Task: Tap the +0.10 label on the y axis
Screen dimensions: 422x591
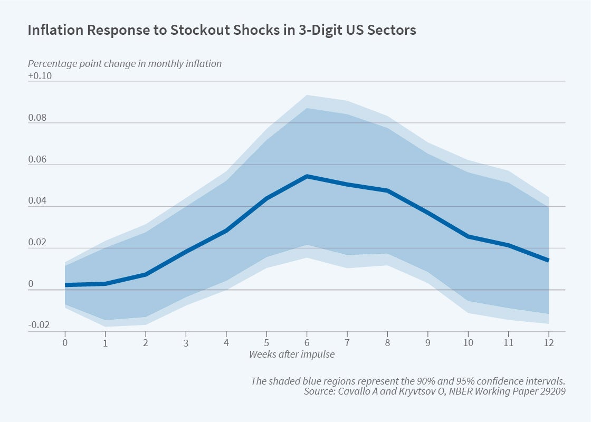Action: coord(40,76)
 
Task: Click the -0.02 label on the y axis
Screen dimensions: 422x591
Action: coord(39,325)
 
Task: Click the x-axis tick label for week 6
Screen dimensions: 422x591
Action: coord(307,342)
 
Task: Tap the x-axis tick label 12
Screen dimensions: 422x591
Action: coord(548,342)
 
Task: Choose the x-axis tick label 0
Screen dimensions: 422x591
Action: coord(65,342)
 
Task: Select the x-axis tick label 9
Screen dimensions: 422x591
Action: coord(427,342)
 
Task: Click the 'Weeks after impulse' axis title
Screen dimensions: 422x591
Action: coord(292,354)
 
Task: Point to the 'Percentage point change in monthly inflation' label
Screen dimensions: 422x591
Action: coord(125,63)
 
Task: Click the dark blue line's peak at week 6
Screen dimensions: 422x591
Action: coord(307,176)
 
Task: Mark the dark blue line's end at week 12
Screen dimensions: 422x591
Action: coord(548,260)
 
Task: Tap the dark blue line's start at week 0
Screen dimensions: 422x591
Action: coord(66,285)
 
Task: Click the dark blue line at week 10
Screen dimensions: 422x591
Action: coord(468,236)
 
